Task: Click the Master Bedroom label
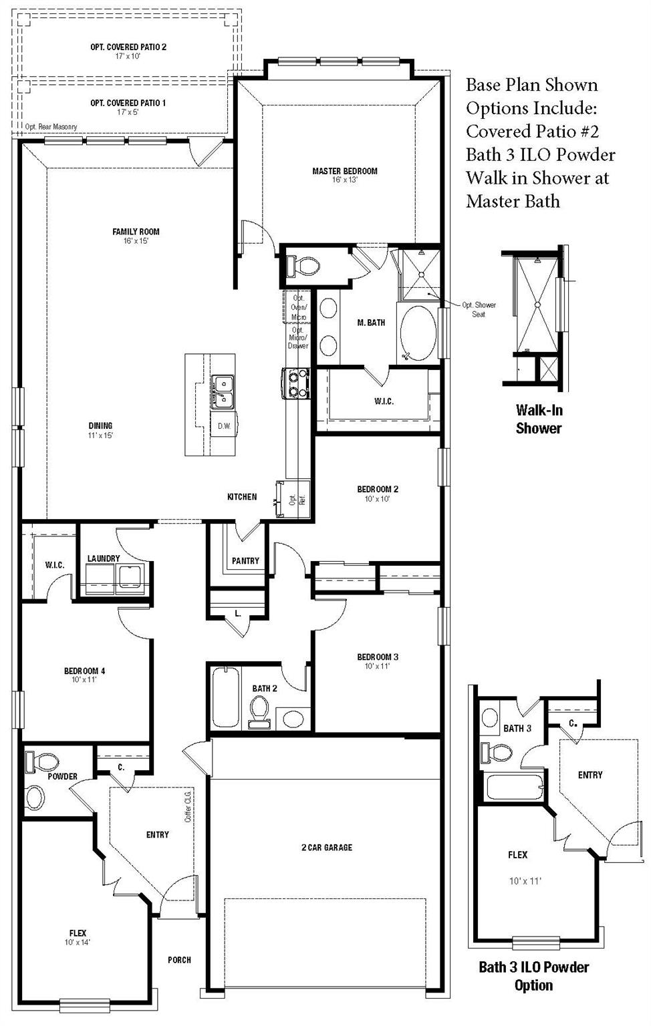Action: pos(345,172)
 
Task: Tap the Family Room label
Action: pos(136,232)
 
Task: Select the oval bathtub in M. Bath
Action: pos(417,334)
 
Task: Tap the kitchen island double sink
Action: pos(223,391)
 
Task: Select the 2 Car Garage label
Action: pos(326,848)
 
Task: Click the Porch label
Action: pos(179,960)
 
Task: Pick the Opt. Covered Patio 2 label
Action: pos(128,47)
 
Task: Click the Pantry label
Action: pos(245,561)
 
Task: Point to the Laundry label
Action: pos(104,558)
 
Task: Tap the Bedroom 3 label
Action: pos(378,657)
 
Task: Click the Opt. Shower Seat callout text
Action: pos(479,309)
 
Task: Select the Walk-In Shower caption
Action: pos(538,419)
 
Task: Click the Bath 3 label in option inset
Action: pos(517,728)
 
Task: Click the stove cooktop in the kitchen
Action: pos(295,383)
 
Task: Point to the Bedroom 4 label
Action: pos(84,671)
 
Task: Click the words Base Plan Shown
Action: pos(531,85)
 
